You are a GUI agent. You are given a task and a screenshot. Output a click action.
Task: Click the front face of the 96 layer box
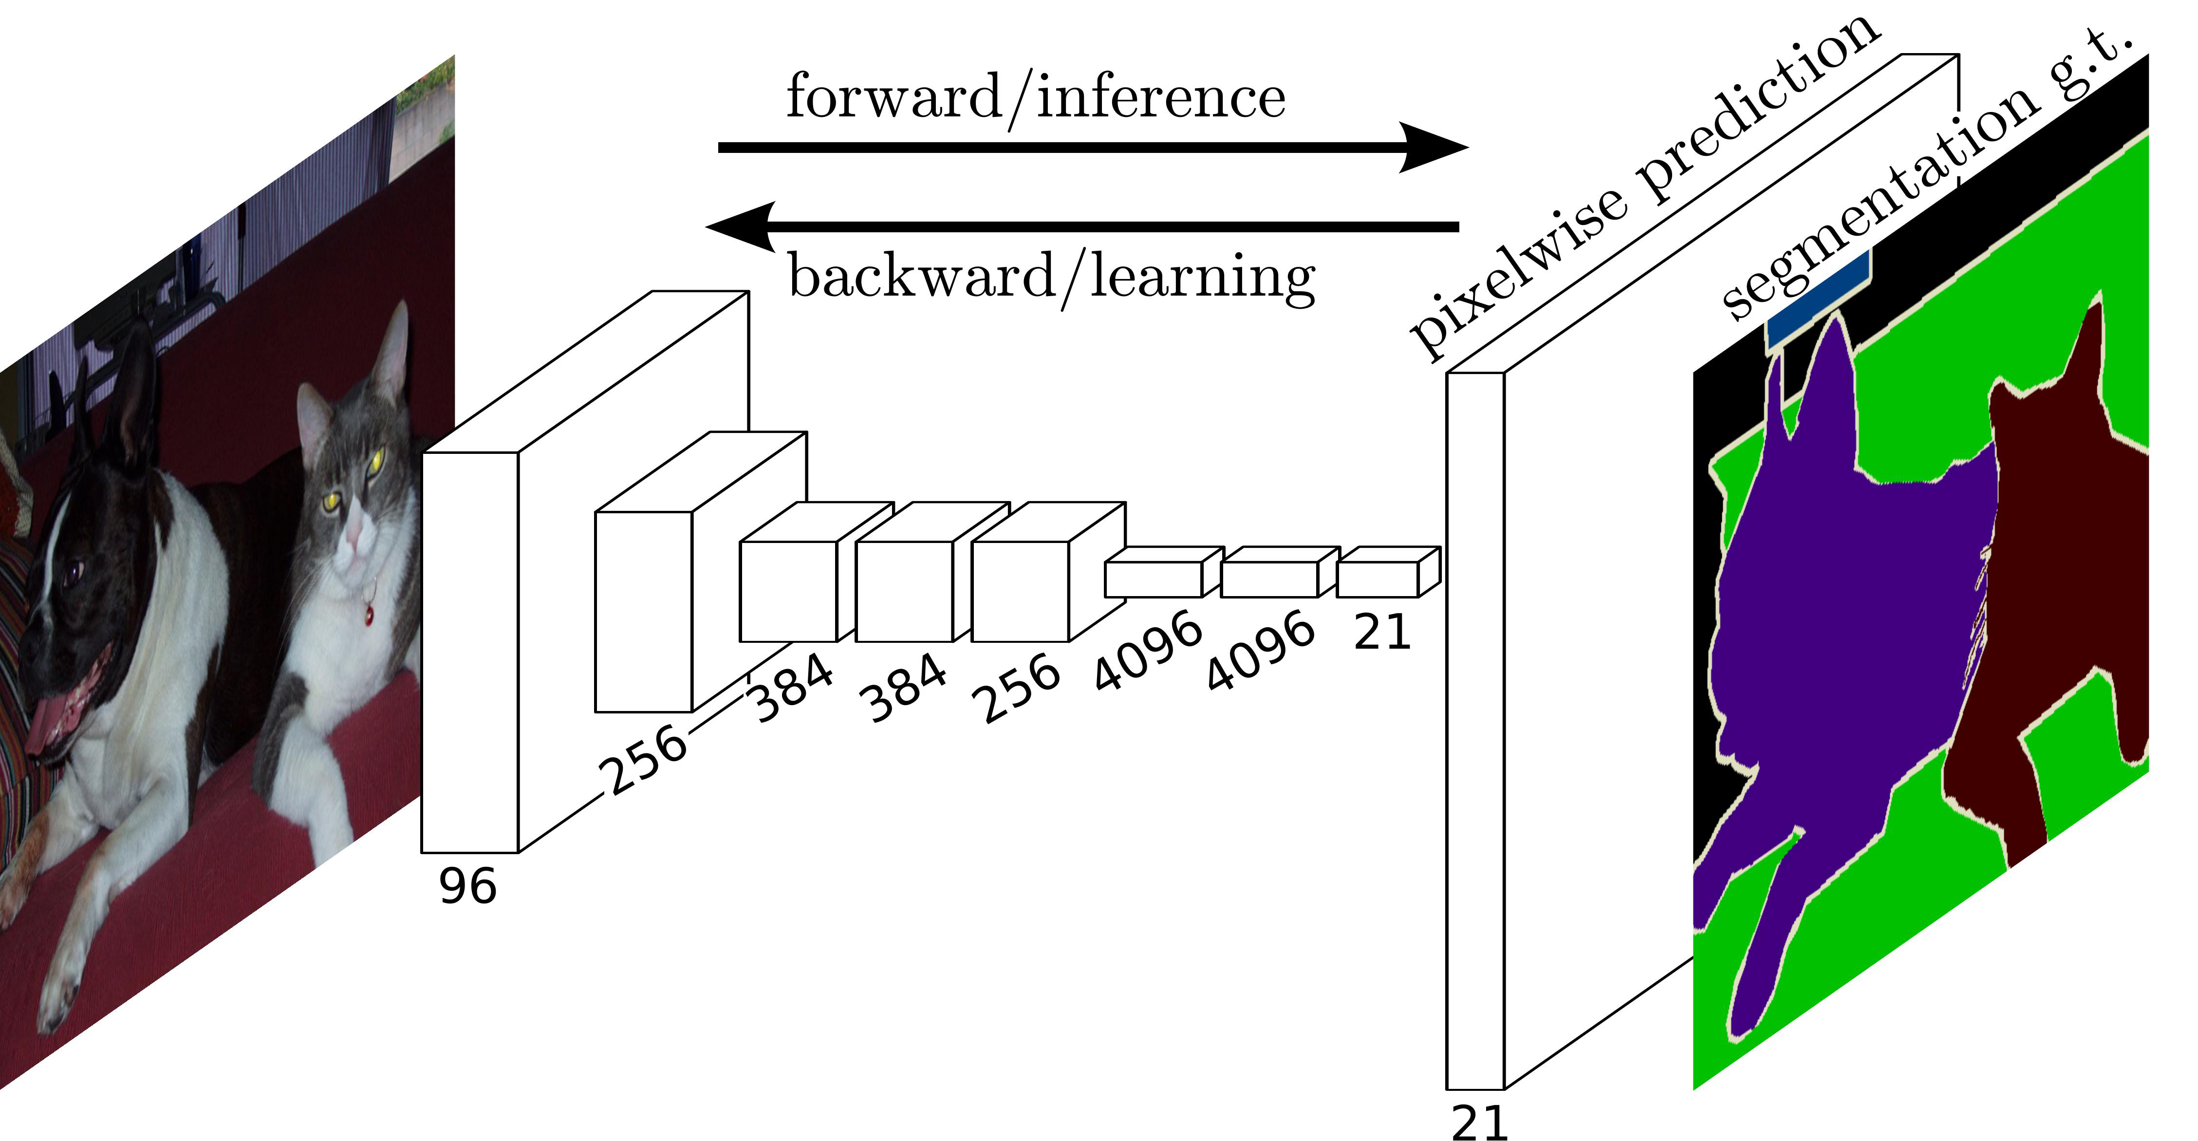tap(469, 653)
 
